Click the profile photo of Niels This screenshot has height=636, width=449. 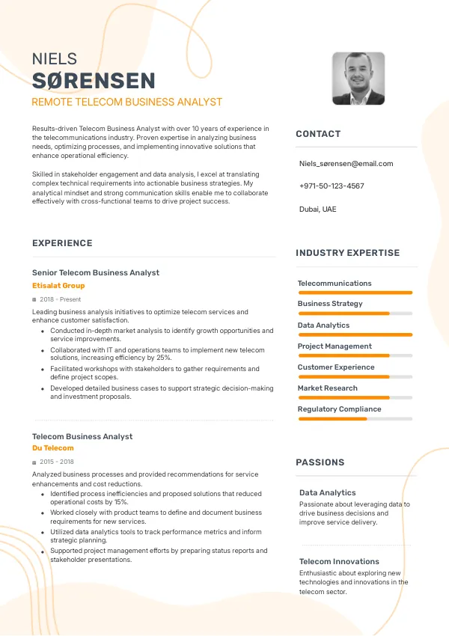coord(358,78)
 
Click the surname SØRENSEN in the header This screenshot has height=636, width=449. coord(94,81)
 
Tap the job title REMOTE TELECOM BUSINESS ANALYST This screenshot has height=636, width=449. coord(126,102)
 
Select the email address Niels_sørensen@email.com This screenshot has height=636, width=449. coord(346,163)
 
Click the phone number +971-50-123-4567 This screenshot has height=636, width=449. coord(332,186)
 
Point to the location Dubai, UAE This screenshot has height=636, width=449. coord(317,209)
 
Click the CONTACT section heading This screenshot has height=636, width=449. coord(318,134)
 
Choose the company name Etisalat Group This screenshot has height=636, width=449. coord(58,286)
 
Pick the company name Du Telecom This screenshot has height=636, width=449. coord(53,448)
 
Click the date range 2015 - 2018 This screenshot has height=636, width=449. coord(57,462)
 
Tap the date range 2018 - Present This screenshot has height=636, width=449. coord(60,299)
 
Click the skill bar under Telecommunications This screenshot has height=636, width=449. coord(355,293)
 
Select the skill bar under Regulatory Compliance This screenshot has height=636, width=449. coord(355,418)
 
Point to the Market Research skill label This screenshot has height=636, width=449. coord(327,388)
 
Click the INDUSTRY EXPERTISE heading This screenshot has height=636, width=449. coord(347,253)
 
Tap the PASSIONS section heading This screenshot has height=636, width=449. coord(320,462)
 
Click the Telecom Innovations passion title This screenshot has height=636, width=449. coord(339,561)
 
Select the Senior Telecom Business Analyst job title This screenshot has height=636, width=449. coord(96,272)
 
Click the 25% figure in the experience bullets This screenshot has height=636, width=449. coord(164,358)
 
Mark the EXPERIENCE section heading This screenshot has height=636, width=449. coord(62,243)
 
